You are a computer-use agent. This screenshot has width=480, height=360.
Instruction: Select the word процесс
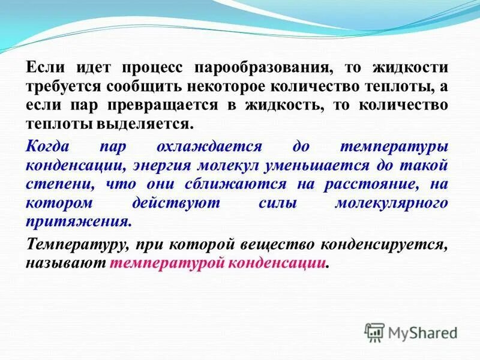point(156,67)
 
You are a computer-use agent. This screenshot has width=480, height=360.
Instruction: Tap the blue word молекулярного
point(391,203)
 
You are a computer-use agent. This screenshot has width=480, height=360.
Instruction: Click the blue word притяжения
point(77,221)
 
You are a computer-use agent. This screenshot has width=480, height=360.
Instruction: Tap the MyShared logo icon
point(375,332)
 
